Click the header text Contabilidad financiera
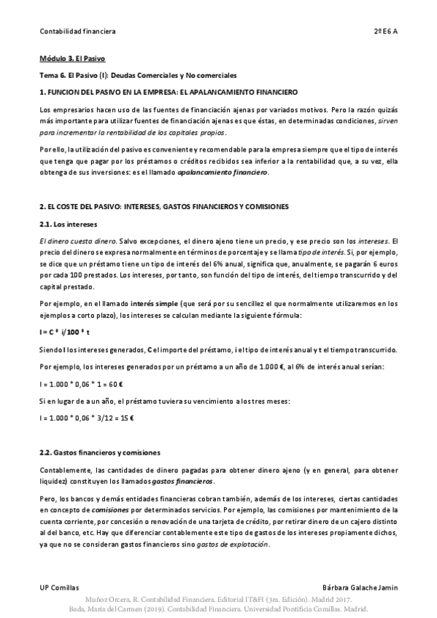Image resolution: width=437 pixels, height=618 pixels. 77,31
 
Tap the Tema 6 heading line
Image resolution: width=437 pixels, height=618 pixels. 139,75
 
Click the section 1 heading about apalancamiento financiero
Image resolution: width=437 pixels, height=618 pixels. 169,92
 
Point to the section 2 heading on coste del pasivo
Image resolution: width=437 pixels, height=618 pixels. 164,206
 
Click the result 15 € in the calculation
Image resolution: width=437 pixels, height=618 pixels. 135,418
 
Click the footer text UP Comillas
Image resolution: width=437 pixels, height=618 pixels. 59,587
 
